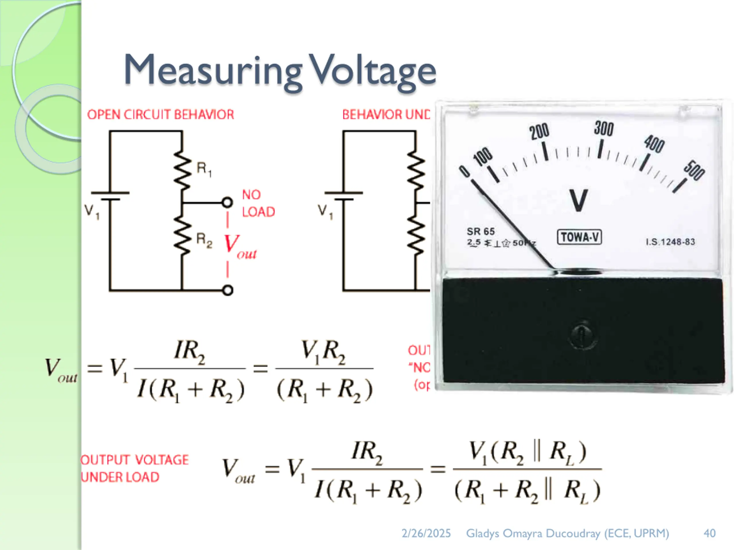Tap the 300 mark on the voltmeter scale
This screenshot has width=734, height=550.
(603, 129)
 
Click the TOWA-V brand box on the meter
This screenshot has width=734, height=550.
(579, 237)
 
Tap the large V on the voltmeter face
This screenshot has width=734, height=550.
(579, 200)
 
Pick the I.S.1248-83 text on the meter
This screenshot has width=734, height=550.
(670, 242)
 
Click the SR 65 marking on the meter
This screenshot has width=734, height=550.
(481, 231)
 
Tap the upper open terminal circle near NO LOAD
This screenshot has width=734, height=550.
(227, 202)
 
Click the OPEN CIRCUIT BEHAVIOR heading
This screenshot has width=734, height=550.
(160, 115)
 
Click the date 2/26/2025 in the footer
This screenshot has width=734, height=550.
(426, 533)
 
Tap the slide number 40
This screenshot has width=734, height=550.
(709, 533)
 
